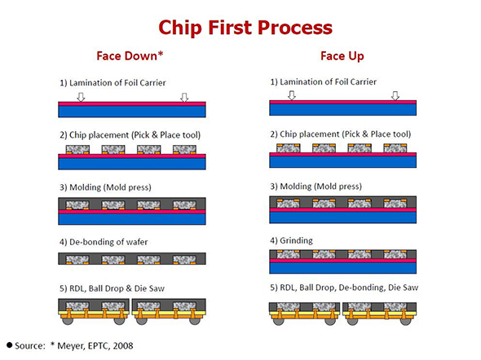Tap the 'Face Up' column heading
[342, 57]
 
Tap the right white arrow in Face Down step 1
[184, 97]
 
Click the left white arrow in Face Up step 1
[291, 95]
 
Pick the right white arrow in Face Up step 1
[395, 95]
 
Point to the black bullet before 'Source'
[11, 346]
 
